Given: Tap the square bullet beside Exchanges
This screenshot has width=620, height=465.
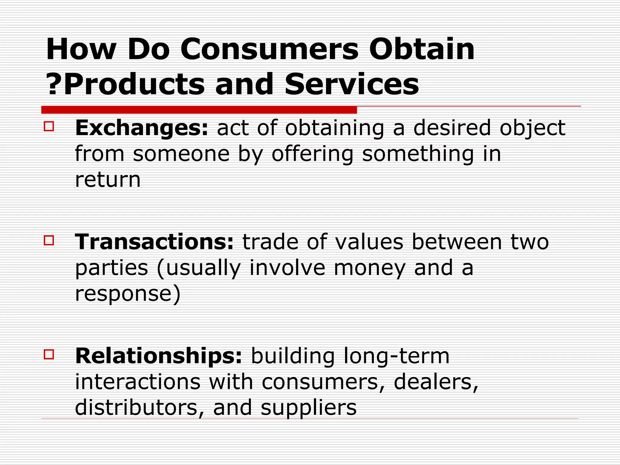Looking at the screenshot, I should (49, 126).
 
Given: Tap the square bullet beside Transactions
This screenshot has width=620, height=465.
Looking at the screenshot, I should (49, 240).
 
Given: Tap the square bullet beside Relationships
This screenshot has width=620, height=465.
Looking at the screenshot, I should (49, 354).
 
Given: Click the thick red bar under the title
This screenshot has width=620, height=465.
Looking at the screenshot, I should (199, 110).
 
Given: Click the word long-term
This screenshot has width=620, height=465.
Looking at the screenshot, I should (397, 356).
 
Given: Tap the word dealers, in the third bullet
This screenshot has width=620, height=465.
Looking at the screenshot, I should (436, 382).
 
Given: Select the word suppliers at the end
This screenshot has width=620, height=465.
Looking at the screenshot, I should (308, 407).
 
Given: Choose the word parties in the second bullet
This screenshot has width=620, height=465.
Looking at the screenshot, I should (111, 268).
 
